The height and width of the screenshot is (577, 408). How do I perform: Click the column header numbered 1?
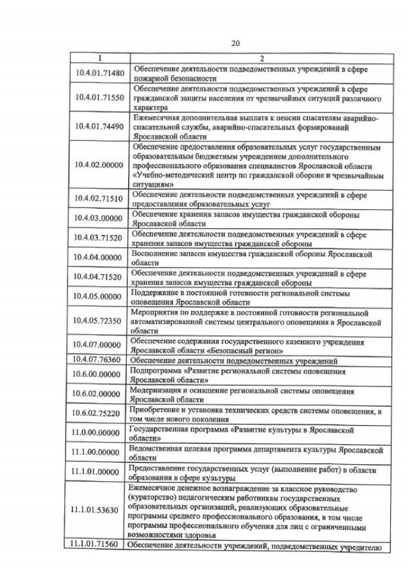[x=99, y=58]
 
